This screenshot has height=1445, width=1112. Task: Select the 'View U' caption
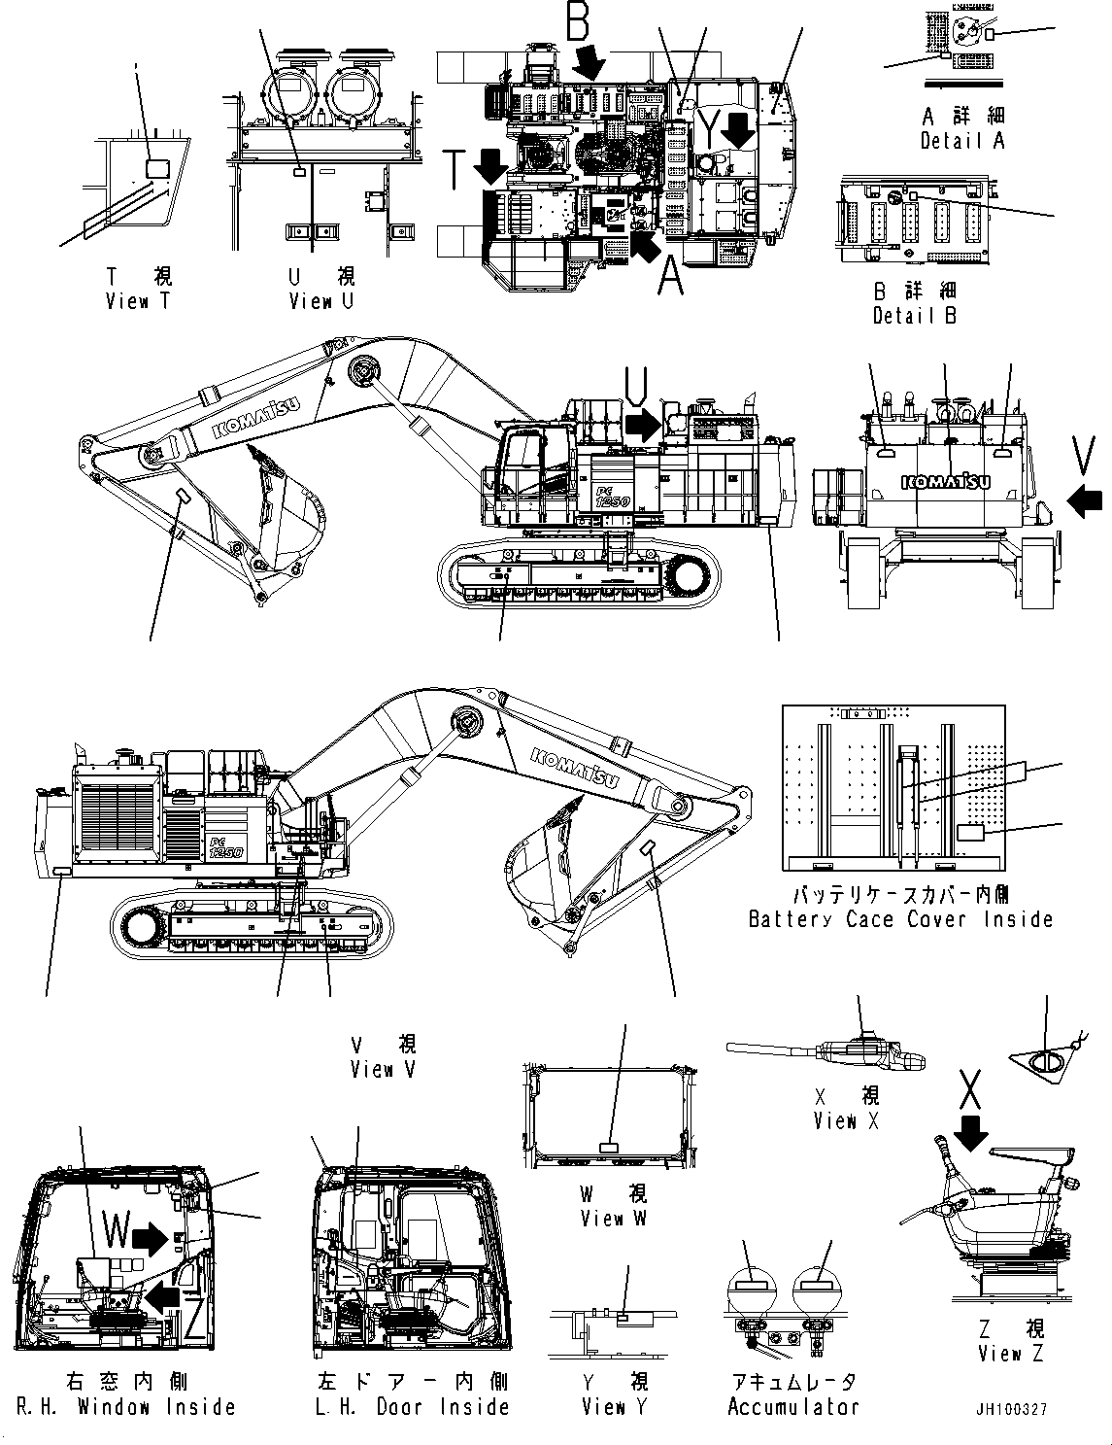(321, 301)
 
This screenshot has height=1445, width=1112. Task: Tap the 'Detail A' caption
(962, 141)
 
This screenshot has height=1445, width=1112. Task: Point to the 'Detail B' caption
(914, 316)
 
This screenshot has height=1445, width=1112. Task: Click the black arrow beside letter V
(1084, 499)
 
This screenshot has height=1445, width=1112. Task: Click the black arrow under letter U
(641, 424)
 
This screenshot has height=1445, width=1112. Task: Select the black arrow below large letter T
(491, 167)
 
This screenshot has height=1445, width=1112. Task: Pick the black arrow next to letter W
(150, 1237)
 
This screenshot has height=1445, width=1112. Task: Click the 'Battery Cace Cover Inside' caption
(900, 919)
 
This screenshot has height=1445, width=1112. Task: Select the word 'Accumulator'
(792, 1407)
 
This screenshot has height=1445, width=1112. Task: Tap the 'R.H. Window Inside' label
(126, 1407)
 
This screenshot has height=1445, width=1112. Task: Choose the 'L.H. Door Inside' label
(413, 1407)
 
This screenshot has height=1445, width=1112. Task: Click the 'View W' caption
(613, 1219)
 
